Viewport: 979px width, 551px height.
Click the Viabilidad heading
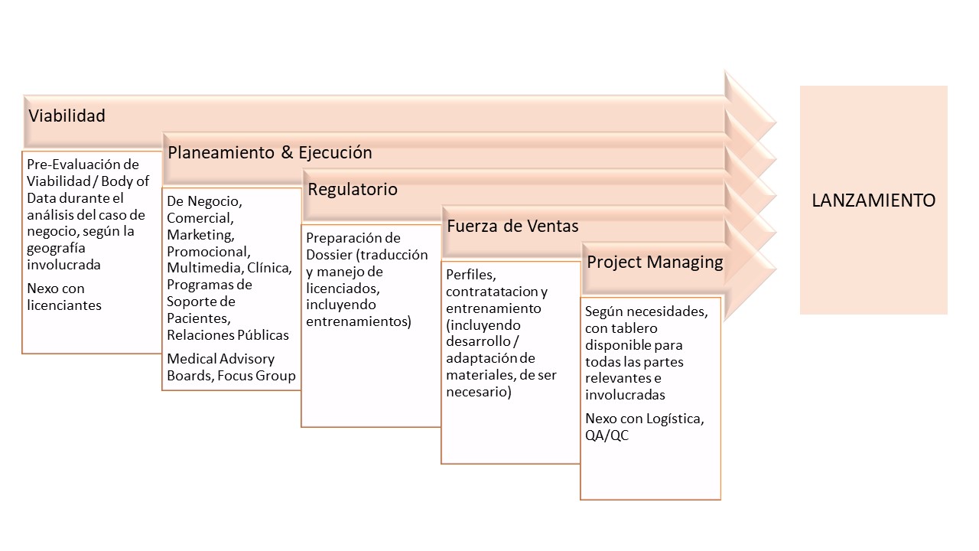(x=67, y=116)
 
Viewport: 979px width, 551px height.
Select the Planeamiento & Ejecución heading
(x=270, y=152)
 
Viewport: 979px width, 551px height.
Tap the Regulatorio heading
(x=353, y=189)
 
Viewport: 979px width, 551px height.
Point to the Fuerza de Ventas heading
(x=512, y=226)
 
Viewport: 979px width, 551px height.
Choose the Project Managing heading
(x=655, y=262)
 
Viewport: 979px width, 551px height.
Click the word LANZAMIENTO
(x=873, y=201)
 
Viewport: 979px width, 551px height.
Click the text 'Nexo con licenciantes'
(x=64, y=297)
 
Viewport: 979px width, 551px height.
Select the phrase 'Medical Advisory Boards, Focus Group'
(x=231, y=367)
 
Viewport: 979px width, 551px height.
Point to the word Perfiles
(x=470, y=275)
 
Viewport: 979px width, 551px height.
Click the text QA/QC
(x=607, y=435)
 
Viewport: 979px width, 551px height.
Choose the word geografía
(x=56, y=249)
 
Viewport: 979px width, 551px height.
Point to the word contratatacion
(x=492, y=292)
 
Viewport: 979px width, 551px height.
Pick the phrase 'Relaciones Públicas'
(x=228, y=335)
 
